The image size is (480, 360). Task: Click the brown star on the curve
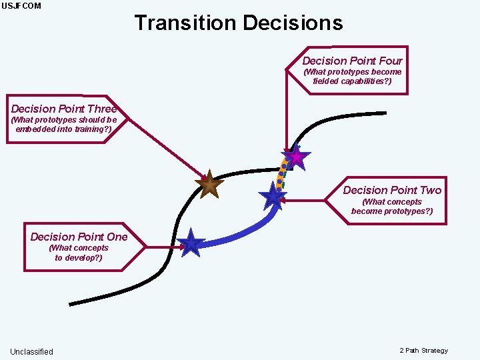(x=209, y=185)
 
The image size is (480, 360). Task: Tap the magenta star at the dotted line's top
(x=295, y=157)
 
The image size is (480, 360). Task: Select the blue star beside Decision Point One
(x=191, y=243)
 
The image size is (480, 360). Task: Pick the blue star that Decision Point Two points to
(x=273, y=196)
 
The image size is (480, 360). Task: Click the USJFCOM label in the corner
(x=21, y=6)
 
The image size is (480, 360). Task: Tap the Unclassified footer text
(x=31, y=351)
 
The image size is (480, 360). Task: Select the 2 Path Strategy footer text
(x=424, y=351)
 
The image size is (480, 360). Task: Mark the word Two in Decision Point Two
(x=429, y=190)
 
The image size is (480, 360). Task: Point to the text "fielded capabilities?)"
(x=352, y=81)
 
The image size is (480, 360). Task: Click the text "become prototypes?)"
(x=392, y=211)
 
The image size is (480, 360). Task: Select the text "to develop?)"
(x=79, y=257)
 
